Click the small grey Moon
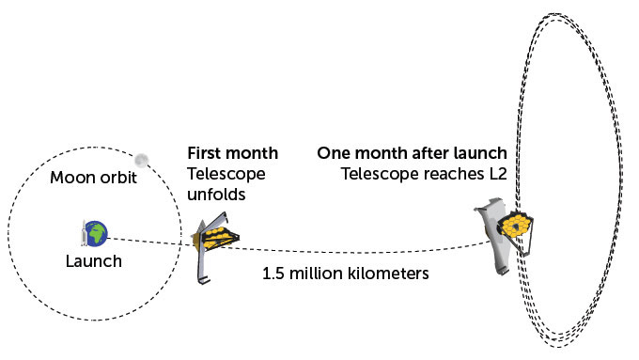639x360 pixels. click(142, 161)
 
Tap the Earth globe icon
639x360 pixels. click(97, 230)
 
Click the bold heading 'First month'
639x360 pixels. click(232, 153)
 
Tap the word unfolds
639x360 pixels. click(217, 195)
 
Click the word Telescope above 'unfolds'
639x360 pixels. click(226, 174)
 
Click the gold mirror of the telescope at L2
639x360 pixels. click(517, 225)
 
